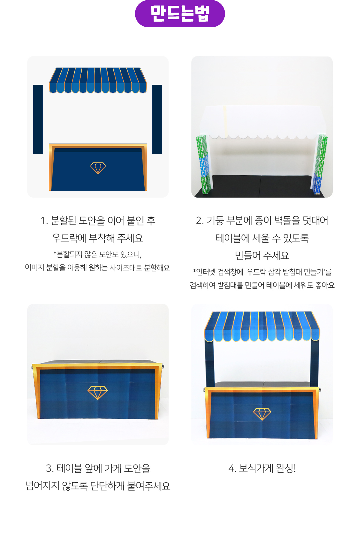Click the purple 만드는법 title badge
[180, 14]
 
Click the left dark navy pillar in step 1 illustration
[38, 119]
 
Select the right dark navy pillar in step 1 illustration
[157, 119]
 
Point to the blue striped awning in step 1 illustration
[98, 80]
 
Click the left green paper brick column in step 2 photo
[204, 164]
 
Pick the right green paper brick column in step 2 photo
[319, 164]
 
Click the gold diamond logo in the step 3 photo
[97, 393]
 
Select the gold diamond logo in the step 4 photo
[262, 414]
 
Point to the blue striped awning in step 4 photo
[262, 327]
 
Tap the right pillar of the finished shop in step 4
[314, 363]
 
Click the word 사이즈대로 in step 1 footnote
[126, 268]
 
